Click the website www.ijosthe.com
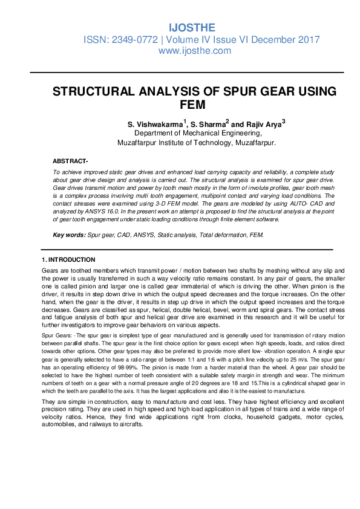coord(194,51)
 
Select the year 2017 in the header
coord(309,40)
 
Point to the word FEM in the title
coord(194,105)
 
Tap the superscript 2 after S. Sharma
coord(227,122)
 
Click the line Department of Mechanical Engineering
coord(198,134)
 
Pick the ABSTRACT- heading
coord(70,161)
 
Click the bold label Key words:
coord(70,235)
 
